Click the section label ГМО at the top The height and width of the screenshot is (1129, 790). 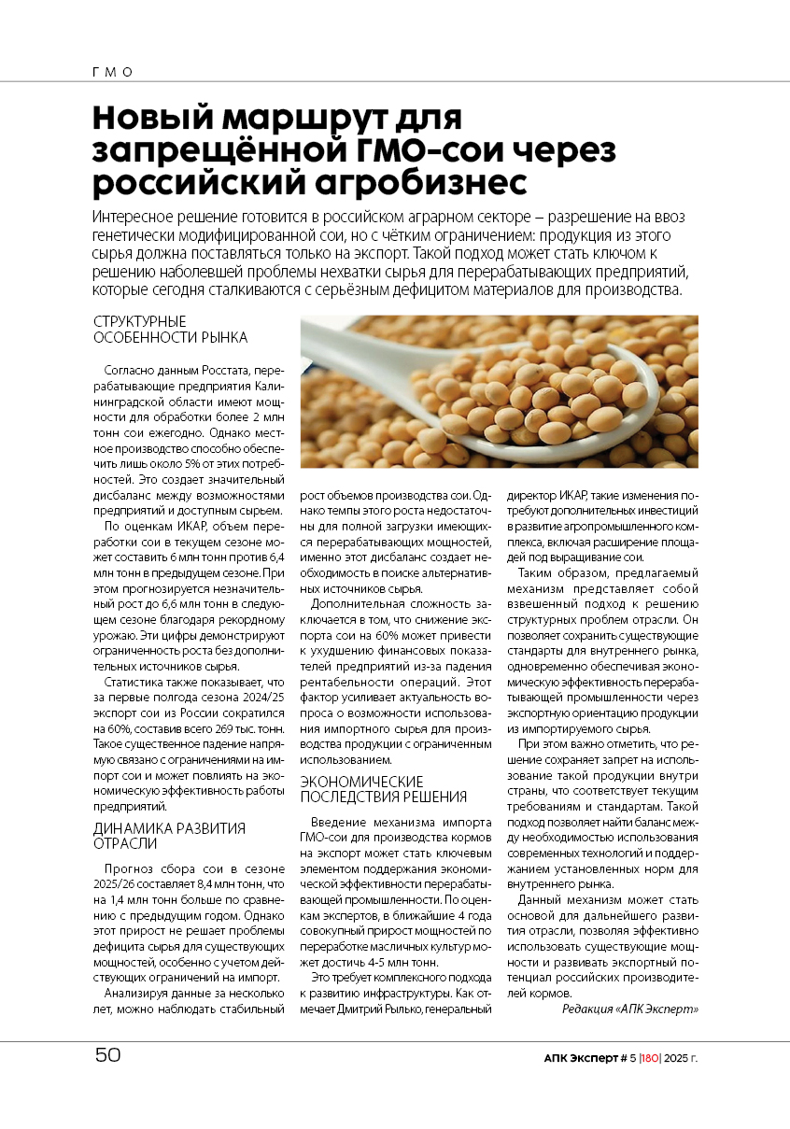pyautogui.click(x=113, y=72)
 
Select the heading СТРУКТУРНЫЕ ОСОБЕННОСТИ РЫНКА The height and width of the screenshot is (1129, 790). pyautogui.click(x=170, y=330)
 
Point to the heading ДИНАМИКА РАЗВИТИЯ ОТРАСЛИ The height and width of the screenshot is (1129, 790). pyautogui.click(x=169, y=835)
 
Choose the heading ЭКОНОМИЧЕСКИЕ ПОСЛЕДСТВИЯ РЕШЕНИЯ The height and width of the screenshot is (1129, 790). pyautogui.click(x=383, y=789)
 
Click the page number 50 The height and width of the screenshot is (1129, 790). pyautogui.click(x=107, y=1055)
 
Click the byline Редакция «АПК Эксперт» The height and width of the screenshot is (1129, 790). pyautogui.click(x=630, y=1009)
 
